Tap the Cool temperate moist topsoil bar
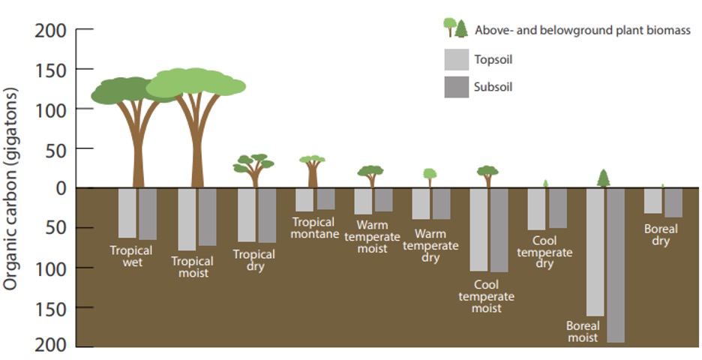point(478,229)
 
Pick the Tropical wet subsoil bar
point(148,214)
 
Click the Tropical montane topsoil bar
point(304,199)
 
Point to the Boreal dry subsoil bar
point(673,202)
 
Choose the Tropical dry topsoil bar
point(247,214)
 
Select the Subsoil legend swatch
point(455,87)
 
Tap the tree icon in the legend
point(455,28)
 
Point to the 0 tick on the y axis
point(60,188)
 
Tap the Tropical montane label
point(313,228)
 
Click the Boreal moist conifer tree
point(604,178)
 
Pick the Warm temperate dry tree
point(430,176)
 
